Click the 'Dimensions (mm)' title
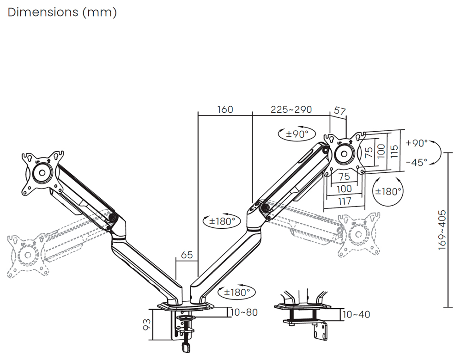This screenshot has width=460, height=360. point(62,12)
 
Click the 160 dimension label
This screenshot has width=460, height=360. point(225,110)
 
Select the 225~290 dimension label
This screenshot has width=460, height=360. point(291,110)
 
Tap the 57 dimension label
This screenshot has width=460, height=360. point(340,111)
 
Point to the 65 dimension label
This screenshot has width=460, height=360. point(187,255)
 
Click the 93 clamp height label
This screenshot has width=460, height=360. point(147,324)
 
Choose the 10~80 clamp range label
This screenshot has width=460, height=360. point(244,312)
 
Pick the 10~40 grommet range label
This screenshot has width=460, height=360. point(356,315)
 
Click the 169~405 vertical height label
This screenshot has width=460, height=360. point(442,230)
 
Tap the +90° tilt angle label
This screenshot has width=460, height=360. point(417,143)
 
